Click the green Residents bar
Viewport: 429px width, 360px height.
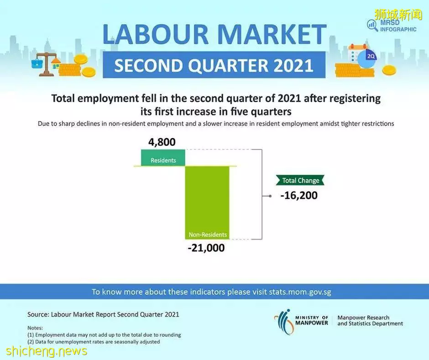pos(163,158)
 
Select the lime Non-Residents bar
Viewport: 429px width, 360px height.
pos(207,202)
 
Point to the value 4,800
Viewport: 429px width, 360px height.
pos(162,142)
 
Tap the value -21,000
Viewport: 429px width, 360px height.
pos(206,248)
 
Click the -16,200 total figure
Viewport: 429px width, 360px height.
pos(299,196)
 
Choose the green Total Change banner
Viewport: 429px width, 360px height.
pos(300,180)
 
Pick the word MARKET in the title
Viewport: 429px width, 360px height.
pos(272,35)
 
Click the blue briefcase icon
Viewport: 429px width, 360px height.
pos(37,64)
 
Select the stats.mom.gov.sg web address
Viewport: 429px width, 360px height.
pos(300,292)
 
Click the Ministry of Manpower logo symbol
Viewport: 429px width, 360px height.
pos(284,321)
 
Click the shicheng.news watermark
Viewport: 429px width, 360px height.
pos(47,350)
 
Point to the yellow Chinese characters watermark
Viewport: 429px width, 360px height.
pos(398,14)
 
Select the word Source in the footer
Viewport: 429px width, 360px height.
pos(38,314)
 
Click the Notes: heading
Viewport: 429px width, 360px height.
pos(35,328)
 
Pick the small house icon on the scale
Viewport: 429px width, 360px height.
pos(56,63)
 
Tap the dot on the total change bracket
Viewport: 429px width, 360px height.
pos(270,196)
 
